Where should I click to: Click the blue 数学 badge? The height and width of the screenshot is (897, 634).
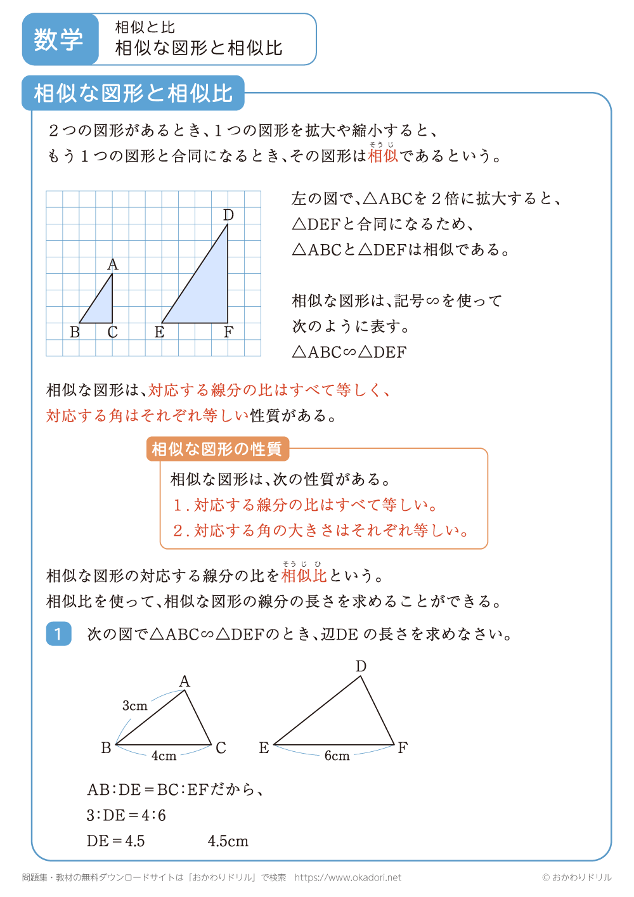(59, 39)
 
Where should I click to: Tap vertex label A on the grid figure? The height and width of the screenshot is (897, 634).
(113, 264)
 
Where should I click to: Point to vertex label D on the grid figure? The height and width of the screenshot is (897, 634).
(228, 216)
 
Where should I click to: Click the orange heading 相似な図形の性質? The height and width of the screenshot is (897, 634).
(217, 449)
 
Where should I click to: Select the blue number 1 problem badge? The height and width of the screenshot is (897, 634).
(58, 633)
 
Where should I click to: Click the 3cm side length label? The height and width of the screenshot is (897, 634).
(134, 706)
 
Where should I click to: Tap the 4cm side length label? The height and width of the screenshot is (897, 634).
(164, 756)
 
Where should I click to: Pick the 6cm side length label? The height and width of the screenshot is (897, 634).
(337, 756)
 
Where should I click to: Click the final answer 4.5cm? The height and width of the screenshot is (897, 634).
(228, 841)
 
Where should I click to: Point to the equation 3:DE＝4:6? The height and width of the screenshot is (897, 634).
(126, 815)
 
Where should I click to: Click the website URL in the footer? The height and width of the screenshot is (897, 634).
(348, 877)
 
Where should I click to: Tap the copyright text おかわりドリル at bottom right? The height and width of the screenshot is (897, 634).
(577, 877)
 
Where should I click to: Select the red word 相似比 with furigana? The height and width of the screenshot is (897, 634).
(304, 575)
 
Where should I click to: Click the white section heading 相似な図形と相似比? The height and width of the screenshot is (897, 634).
(133, 93)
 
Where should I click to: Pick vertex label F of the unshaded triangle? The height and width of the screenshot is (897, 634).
(403, 747)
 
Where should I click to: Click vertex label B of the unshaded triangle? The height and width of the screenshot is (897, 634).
(106, 748)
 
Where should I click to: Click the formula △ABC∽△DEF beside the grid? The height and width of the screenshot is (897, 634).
(349, 352)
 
